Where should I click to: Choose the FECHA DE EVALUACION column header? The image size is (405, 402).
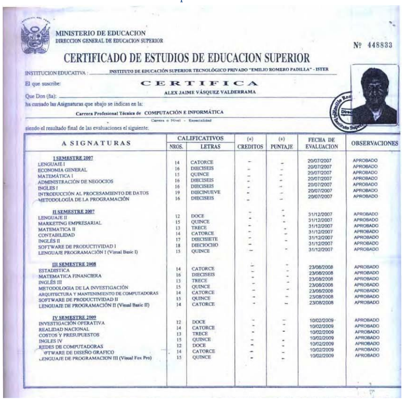pos(322,143)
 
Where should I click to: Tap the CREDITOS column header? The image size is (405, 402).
pos(249,147)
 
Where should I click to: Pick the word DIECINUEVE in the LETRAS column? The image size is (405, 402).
pos(205,192)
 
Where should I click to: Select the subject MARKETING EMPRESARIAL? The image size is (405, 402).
pos(70,223)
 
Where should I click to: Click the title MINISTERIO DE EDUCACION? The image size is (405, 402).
pos(100,33)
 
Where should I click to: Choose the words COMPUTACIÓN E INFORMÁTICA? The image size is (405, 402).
pos(184,112)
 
